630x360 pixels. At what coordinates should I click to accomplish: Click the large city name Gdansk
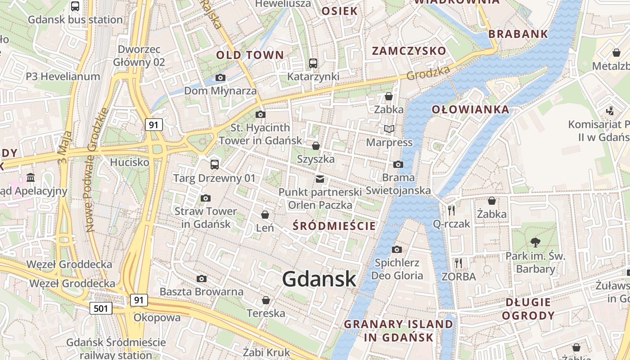coord(319,279)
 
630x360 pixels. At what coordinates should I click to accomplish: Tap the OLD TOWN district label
coord(250,55)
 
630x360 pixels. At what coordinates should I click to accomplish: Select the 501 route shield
coord(101,308)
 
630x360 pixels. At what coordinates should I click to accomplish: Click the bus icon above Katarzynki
coord(313,63)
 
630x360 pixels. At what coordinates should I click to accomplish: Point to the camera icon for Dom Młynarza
coord(220,77)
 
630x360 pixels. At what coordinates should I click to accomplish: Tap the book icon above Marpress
coord(389,129)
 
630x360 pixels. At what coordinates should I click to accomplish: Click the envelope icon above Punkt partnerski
coord(320,179)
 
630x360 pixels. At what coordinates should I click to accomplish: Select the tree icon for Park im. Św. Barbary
coord(535,243)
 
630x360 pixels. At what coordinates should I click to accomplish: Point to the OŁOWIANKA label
coord(470,109)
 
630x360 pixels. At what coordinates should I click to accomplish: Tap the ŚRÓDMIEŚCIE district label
coord(334,226)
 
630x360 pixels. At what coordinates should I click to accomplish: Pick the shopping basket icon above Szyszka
coord(316,146)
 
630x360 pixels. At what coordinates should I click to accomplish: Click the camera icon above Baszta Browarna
coord(202,279)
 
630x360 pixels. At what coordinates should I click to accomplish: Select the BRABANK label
coord(518,34)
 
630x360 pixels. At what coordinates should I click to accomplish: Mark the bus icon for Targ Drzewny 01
coord(215,164)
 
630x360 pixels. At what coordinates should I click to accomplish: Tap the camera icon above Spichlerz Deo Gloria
coord(396,249)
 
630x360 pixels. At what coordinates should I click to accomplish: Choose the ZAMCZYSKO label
coord(409,51)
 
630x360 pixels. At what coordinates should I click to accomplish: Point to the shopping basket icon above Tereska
coord(266,300)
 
